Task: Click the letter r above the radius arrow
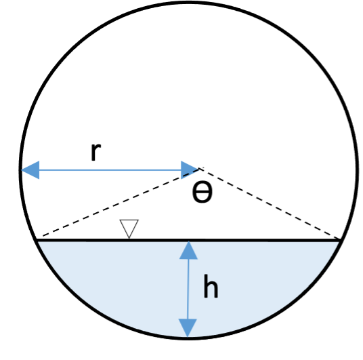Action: (x=96, y=152)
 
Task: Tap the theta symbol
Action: (x=202, y=192)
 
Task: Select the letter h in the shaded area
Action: (x=211, y=286)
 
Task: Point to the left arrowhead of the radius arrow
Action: (x=30, y=170)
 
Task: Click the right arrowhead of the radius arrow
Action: (x=190, y=170)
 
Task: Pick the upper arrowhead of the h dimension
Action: (x=188, y=250)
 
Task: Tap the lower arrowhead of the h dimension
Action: (x=188, y=327)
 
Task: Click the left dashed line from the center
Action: (x=121, y=203)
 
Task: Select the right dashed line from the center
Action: (x=270, y=203)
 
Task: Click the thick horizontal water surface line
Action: (x=188, y=240)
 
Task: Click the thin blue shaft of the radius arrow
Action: (x=110, y=170)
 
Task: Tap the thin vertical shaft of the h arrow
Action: (x=188, y=289)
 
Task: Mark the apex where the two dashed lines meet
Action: (x=200, y=169)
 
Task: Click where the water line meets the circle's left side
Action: (x=36, y=240)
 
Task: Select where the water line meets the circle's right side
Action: (x=341, y=240)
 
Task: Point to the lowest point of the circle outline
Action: (x=188, y=339)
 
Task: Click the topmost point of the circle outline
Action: (x=188, y=2)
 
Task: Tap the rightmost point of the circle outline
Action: (x=357, y=170)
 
